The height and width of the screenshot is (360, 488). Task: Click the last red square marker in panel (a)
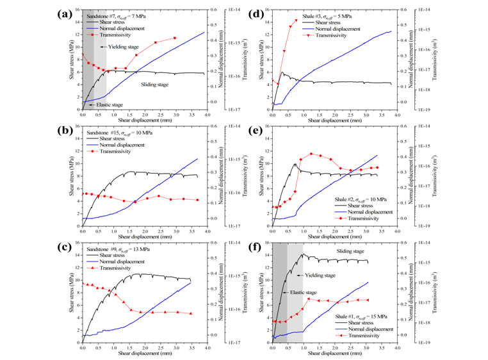click(175, 38)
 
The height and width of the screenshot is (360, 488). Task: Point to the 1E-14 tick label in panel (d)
click(425, 10)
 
